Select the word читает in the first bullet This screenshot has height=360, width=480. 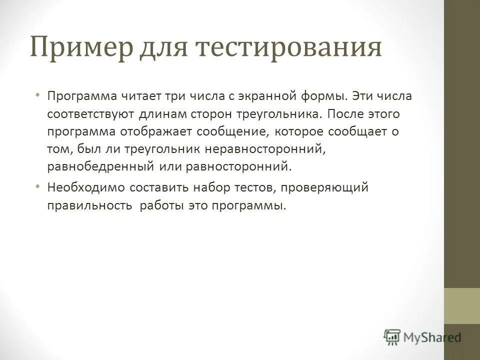131,95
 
